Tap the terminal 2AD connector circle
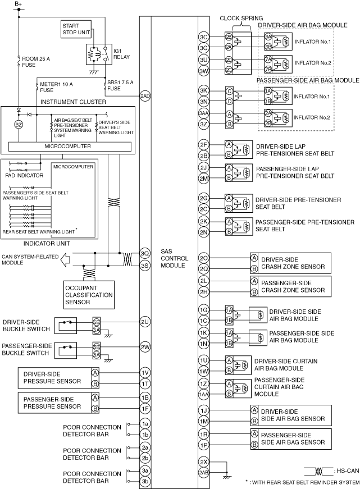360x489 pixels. pyautogui.click(x=145, y=96)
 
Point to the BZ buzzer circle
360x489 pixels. pyautogui.click(x=19, y=124)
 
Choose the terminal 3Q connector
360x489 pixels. pyautogui.click(x=145, y=253)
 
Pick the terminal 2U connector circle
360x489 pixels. pyautogui.click(x=145, y=322)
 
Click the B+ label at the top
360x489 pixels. pyautogui.click(x=18, y=4)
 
